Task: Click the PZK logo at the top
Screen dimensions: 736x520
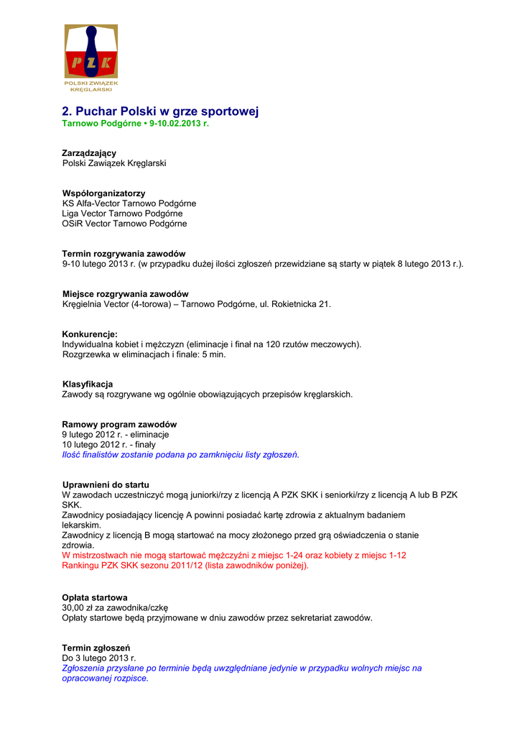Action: tap(91, 58)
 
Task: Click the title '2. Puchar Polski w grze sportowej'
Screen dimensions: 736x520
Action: tap(159, 111)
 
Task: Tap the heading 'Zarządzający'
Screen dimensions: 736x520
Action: tap(89, 153)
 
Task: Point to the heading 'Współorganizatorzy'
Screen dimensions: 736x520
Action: tap(103, 193)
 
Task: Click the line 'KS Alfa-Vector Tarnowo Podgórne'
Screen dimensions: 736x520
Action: tap(129, 203)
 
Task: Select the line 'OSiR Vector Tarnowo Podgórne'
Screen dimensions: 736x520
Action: tap(124, 224)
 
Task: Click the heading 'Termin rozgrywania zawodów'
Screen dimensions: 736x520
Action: tap(124, 254)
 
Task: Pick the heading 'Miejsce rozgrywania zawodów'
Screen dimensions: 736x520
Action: tap(125, 294)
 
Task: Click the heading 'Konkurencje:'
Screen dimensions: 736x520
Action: tap(90, 334)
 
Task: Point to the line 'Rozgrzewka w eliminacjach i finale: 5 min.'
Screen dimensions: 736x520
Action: tap(144, 354)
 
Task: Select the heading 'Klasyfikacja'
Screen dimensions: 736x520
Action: tap(88, 384)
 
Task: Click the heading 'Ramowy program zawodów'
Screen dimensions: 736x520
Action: tap(119, 424)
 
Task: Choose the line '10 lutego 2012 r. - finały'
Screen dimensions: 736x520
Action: tap(108, 444)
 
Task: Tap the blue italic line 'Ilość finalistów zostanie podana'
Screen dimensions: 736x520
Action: tap(180, 454)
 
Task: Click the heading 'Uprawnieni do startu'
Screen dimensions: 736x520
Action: tap(106, 484)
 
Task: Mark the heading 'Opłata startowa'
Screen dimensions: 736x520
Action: tap(95, 597)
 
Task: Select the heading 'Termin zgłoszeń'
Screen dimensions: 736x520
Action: tap(96, 648)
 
